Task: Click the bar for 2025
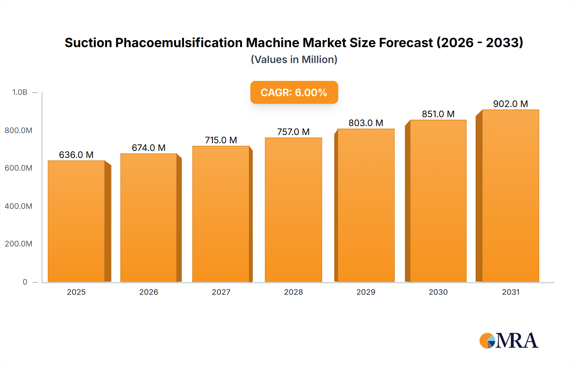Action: click(76, 221)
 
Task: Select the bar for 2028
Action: click(293, 210)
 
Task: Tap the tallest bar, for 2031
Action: click(510, 196)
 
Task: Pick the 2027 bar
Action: click(221, 214)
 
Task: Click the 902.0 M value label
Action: click(510, 104)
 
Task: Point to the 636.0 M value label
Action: click(76, 155)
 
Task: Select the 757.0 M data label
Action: click(293, 132)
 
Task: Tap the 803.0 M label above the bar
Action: click(366, 123)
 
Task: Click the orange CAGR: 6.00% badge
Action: click(294, 92)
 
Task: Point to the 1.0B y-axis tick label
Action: click(20, 92)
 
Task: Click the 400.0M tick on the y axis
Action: click(18, 206)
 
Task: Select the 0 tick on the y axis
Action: click(25, 282)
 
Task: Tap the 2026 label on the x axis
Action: click(149, 292)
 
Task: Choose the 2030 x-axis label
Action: click(438, 292)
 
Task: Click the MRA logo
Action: click(509, 341)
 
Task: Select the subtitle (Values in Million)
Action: click(294, 60)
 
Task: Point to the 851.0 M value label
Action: click(438, 114)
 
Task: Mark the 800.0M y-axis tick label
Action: click(18, 130)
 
